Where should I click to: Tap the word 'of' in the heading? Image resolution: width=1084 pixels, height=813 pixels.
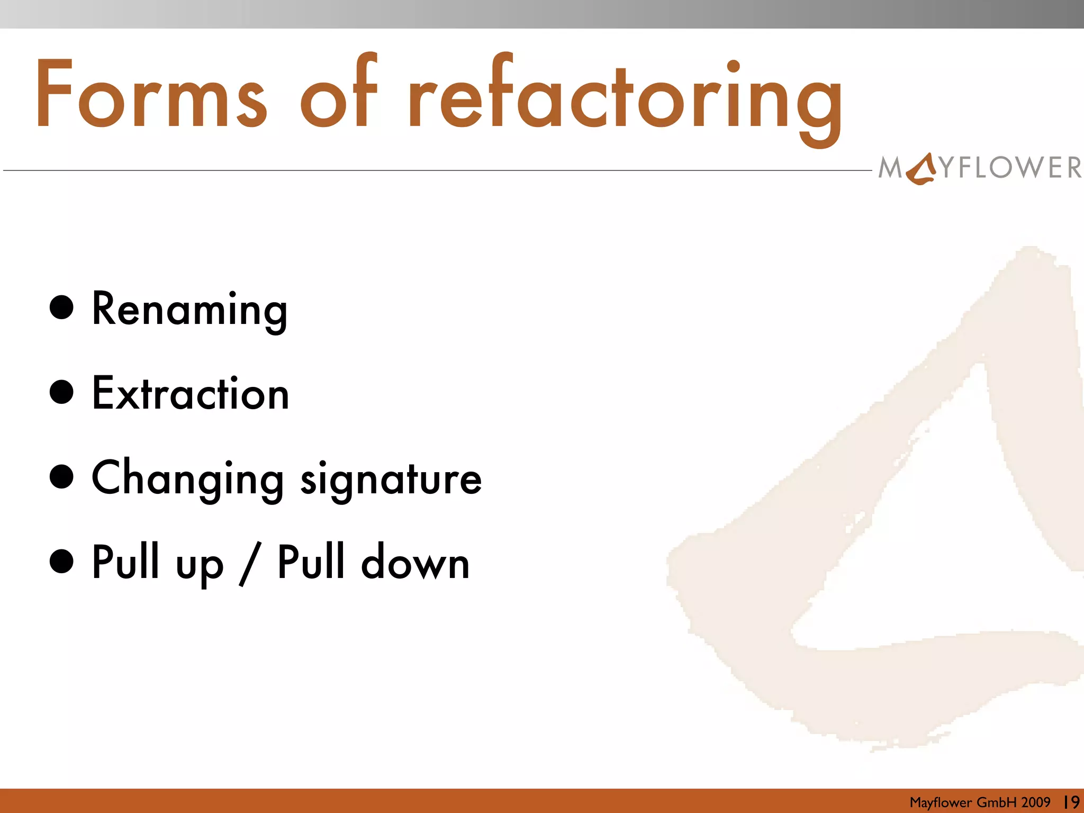point(339,93)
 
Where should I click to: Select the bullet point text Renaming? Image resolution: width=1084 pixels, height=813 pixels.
point(189,310)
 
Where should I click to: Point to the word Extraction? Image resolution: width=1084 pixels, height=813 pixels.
point(191,394)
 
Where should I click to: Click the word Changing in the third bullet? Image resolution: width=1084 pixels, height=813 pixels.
point(188,479)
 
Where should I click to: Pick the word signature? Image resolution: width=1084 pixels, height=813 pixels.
point(391,479)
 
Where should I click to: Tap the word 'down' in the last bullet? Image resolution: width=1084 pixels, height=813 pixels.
point(415,563)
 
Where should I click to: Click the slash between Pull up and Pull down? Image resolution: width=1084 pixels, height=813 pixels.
point(249,564)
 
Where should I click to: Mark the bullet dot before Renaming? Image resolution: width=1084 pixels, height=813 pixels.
point(61,308)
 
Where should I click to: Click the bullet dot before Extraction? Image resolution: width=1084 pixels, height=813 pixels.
point(61,392)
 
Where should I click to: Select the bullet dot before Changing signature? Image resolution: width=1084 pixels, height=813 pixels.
point(61,477)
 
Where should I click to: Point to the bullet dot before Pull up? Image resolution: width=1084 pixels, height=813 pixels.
point(61,562)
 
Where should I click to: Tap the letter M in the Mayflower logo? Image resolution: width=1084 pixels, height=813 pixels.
point(890,168)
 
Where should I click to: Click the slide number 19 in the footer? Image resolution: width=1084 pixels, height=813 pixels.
point(1071,802)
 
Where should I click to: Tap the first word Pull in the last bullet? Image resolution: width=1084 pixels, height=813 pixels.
point(125,562)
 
